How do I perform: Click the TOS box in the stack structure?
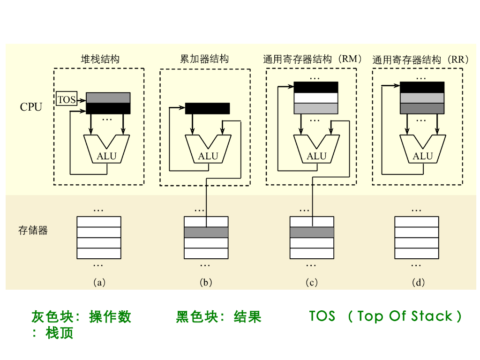[66, 99]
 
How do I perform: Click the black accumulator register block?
[208, 108]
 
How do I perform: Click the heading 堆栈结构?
[100, 59]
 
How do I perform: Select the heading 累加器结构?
[204, 59]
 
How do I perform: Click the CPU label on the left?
[31, 107]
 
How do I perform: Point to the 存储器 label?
[33, 231]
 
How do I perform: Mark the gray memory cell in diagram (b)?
[206, 232]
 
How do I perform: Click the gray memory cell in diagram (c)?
[312, 232]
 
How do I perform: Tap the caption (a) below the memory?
[99, 282]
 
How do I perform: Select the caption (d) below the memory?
[418, 282]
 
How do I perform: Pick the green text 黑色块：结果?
[218, 317]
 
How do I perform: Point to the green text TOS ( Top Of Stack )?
[385, 316]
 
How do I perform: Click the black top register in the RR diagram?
[422, 87]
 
